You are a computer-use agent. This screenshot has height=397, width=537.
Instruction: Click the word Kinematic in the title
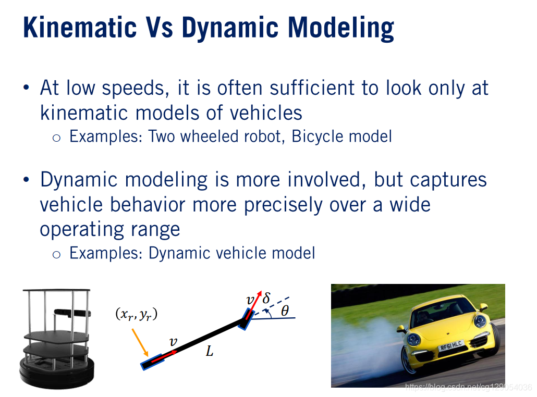(80, 28)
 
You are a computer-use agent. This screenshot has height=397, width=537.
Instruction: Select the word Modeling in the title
(341, 28)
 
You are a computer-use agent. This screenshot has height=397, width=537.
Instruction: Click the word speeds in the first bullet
(133, 89)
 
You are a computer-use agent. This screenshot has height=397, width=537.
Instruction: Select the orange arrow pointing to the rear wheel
(140, 343)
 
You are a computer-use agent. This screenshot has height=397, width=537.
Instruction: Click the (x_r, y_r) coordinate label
(136, 314)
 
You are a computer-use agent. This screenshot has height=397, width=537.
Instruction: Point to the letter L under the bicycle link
(210, 351)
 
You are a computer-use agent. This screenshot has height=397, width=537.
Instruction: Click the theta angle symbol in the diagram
(285, 311)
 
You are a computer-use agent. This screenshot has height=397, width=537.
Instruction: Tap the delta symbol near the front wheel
(266, 297)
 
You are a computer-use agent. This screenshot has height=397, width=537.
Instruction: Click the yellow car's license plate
(451, 345)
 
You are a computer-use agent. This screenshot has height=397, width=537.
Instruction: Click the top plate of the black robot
(56, 290)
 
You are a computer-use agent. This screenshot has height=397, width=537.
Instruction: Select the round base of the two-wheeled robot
(56, 373)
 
